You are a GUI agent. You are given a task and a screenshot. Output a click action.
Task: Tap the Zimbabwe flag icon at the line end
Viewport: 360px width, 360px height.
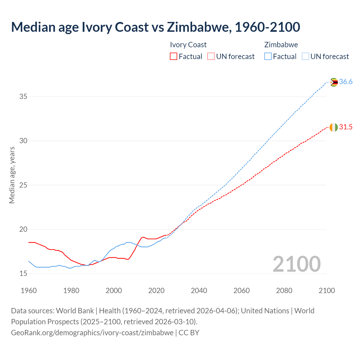(334, 82)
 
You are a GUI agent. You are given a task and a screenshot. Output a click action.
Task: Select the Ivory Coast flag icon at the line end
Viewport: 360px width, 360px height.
(334, 127)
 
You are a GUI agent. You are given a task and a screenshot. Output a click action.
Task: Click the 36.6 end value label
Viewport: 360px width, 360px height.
(346, 82)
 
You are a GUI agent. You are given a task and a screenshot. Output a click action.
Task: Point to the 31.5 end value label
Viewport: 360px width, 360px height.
(346, 127)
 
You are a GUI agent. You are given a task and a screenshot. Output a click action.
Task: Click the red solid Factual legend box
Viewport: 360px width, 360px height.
(174, 57)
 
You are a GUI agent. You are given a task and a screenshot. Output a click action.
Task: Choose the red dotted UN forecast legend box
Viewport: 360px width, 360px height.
(211, 57)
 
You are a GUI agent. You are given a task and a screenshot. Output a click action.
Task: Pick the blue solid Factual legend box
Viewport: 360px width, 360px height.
(268, 57)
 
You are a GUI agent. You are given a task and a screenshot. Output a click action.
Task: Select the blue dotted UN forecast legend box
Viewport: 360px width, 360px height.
(305, 57)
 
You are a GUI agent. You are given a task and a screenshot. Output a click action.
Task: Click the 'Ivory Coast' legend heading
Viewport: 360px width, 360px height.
(188, 45)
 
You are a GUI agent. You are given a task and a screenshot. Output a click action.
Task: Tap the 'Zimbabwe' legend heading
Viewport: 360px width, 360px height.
(281, 45)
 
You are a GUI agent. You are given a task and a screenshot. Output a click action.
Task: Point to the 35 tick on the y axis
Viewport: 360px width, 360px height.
(23, 97)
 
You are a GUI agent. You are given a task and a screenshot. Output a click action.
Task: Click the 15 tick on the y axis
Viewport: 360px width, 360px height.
(23, 273)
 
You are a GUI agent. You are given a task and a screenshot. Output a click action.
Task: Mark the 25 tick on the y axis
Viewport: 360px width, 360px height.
(23, 185)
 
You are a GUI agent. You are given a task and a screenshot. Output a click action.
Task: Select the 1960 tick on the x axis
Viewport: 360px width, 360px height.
(29, 291)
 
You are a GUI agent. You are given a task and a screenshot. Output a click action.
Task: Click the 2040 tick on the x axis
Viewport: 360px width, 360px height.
(199, 291)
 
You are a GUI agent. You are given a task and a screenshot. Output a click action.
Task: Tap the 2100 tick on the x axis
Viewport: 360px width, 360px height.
(327, 291)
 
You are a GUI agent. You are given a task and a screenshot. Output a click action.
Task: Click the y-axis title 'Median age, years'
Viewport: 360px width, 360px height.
(12, 175)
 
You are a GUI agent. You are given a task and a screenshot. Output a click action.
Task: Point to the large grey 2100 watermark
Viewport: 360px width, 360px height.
(296, 264)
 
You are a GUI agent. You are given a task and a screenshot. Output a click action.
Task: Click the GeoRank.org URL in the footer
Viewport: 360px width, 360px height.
(92, 333)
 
